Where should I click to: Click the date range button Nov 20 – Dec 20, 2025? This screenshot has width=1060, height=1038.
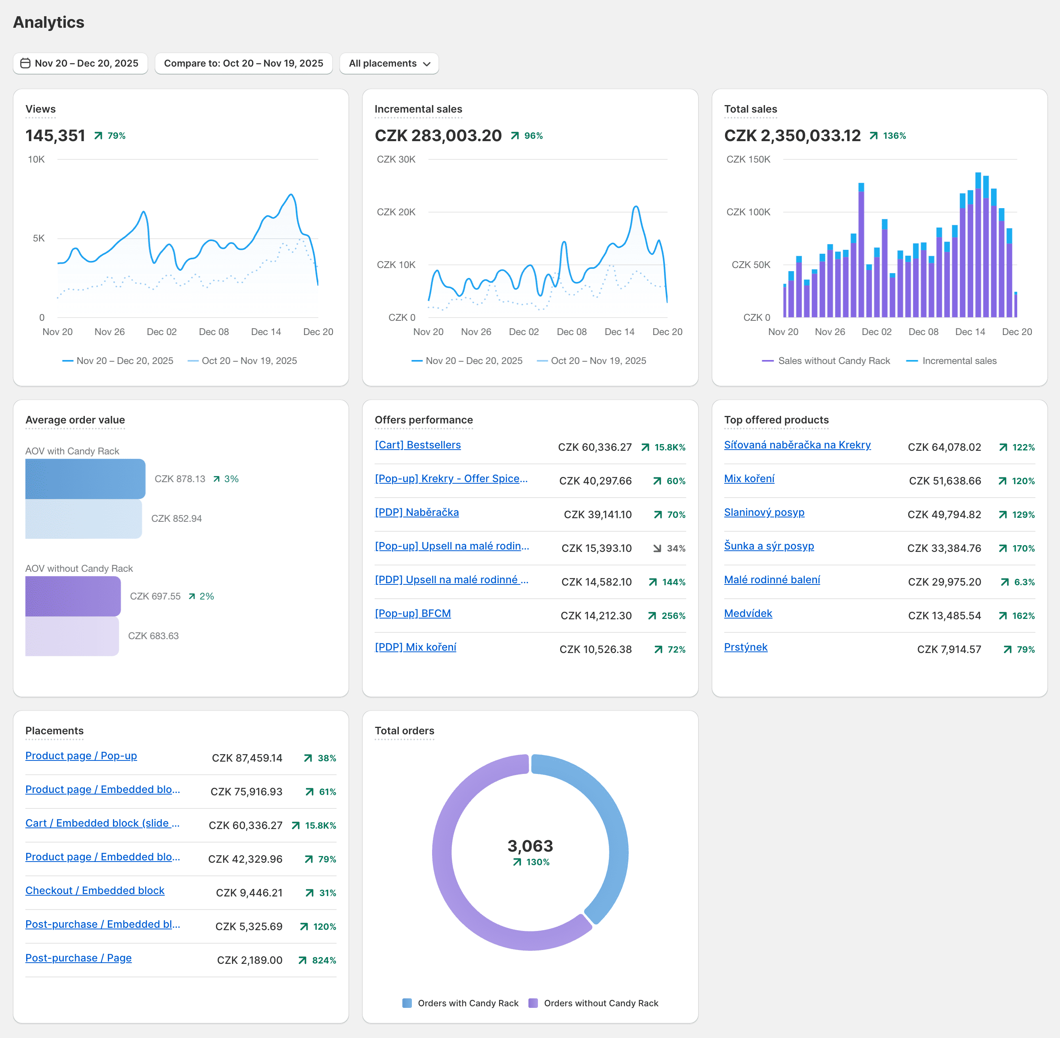click(80, 63)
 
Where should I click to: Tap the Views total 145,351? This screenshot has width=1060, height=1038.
click(55, 135)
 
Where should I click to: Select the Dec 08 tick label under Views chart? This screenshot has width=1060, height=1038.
click(214, 331)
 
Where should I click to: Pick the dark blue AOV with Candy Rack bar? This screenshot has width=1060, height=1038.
click(85, 479)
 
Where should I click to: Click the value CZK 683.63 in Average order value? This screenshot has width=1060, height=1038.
click(153, 636)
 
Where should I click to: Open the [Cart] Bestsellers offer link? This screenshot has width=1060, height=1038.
click(417, 445)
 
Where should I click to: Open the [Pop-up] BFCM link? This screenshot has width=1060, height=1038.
click(413, 613)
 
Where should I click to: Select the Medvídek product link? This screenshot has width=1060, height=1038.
click(748, 613)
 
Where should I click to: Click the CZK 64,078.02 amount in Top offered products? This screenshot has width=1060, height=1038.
click(944, 447)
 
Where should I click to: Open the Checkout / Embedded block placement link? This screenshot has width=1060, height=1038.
click(95, 890)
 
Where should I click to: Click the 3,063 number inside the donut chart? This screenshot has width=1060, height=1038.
click(530, 846)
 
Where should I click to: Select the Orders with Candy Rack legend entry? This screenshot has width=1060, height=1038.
click(467, 1003)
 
